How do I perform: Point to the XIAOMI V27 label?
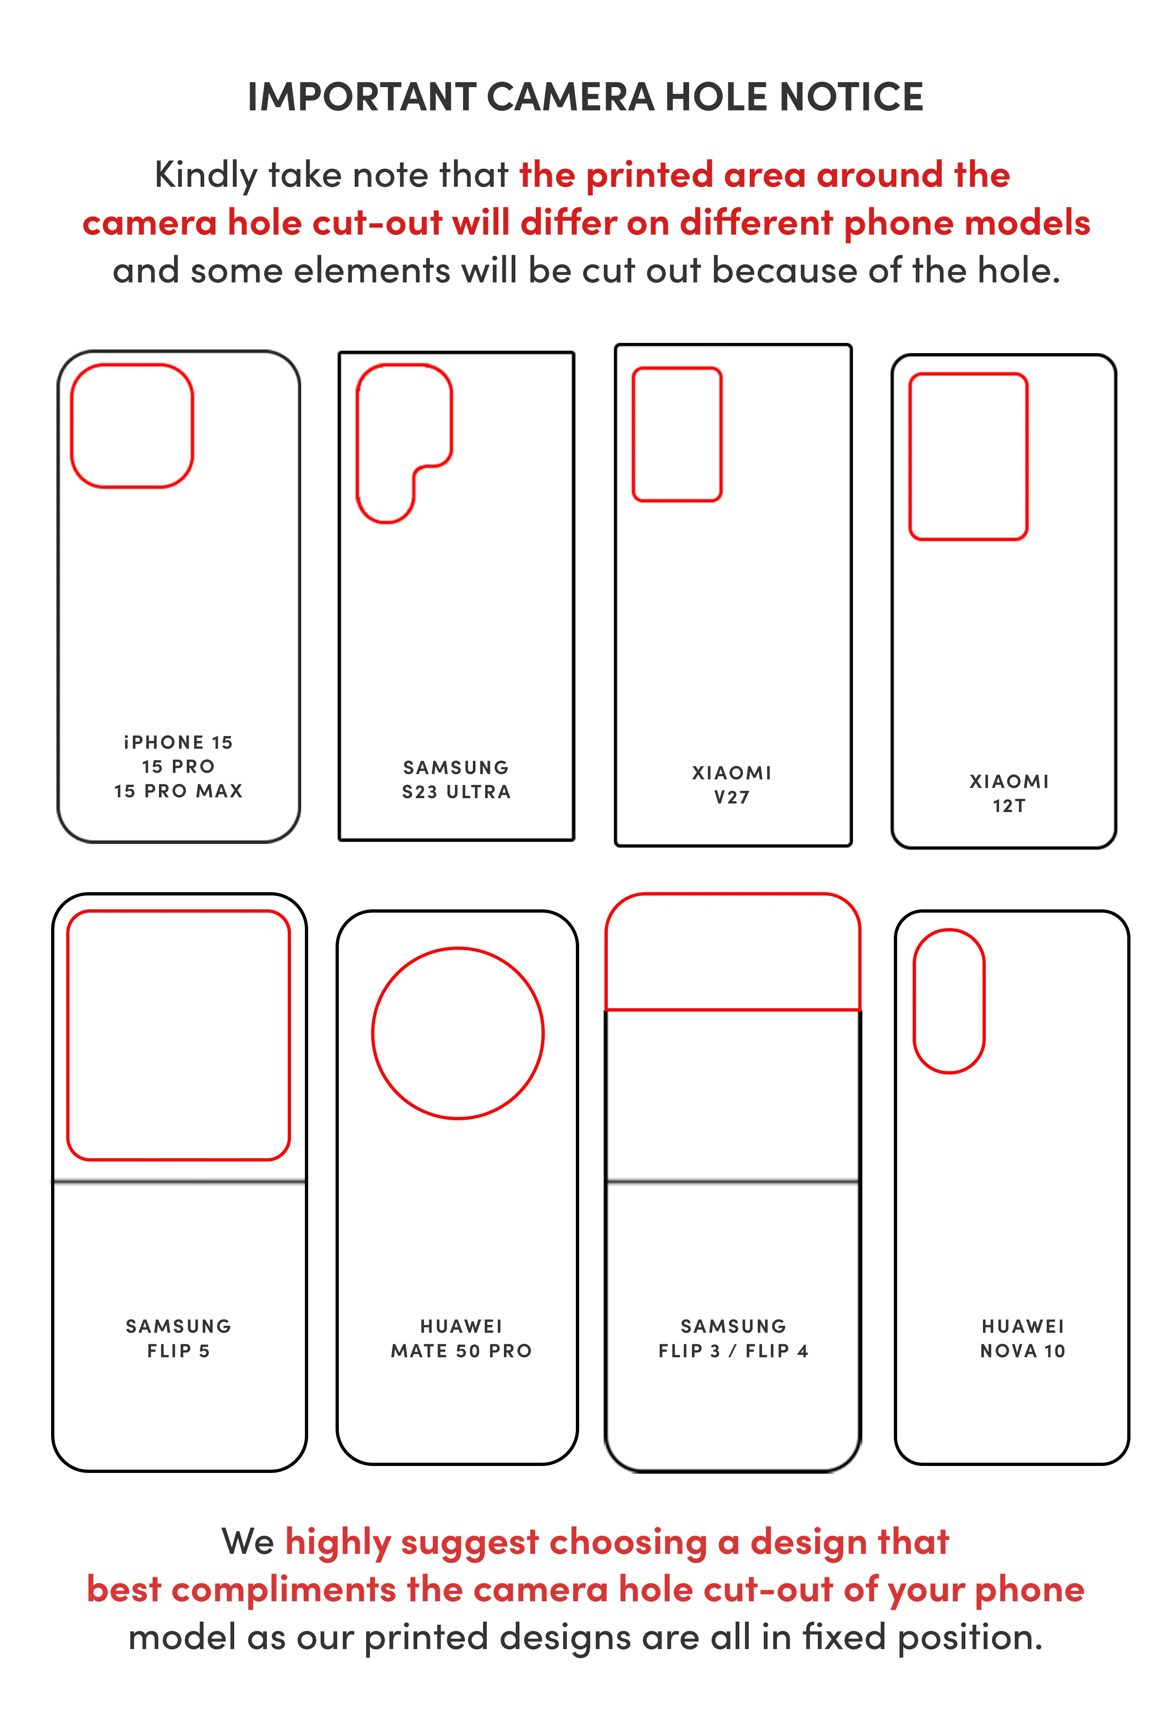[732, 785]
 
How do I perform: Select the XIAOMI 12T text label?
[1009, 794]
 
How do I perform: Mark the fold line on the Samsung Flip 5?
[179, 1182]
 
